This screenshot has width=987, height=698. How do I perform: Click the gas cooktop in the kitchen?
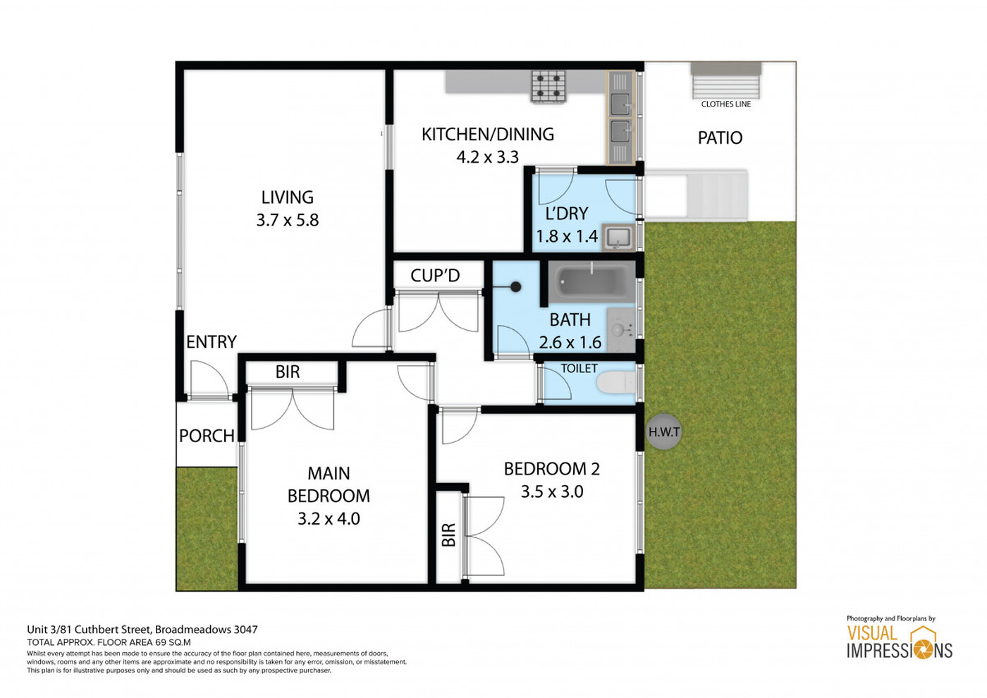[x=548, y=87]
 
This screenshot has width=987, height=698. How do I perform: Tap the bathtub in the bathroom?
[x=591, y=281]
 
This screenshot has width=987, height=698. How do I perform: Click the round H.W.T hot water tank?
[x=663, y=431]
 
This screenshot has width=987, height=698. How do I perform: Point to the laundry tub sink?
[x=619, y=238]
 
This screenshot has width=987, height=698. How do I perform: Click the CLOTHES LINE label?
[x=725, y=104]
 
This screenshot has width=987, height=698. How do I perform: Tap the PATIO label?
[x=720, y=138]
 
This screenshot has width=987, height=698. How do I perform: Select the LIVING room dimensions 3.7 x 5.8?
[x=288, y=220]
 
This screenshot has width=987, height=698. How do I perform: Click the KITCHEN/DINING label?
[x=488, y=135]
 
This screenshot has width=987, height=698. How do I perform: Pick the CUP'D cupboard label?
[x=436, y=276]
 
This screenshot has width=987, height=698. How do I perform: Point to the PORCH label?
[x=207, y=436]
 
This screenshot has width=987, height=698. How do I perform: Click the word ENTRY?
[x=211, y=342]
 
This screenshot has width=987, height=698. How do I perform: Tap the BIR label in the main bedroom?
[x=288, y=372]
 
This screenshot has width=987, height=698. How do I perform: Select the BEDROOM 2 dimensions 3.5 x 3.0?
[x=552, y=491]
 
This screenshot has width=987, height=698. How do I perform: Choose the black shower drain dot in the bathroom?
[x=516, y=287]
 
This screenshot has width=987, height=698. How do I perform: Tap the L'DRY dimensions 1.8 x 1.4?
[x=567, y=236]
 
